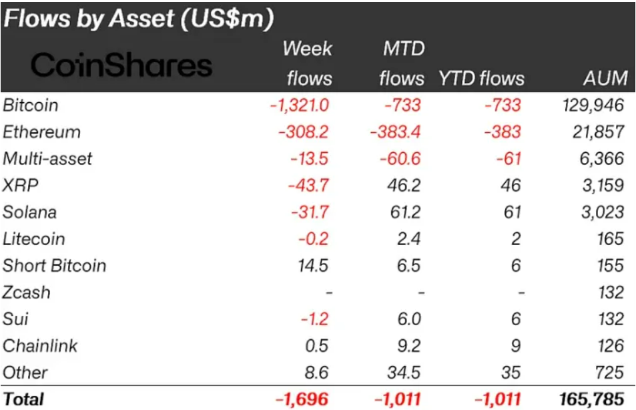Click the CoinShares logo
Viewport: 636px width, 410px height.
121,65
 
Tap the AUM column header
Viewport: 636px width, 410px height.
605,78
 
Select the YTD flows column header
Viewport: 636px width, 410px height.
481,78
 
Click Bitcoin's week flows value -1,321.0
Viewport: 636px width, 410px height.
299,105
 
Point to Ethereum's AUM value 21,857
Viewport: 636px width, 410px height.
599,132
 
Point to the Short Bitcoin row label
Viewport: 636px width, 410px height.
54,265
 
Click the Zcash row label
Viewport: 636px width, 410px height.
26,292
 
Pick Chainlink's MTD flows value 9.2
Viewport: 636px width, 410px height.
408,345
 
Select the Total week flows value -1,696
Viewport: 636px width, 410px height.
302,399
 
